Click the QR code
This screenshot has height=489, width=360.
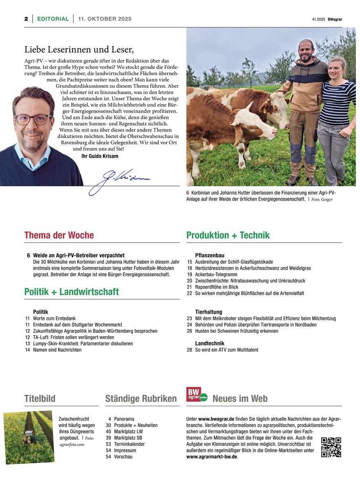[x=331, y=447]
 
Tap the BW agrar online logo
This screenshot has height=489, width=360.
[x=197, y=395]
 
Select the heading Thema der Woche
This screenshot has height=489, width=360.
[x=59, y=235]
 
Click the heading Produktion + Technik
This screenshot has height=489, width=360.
[x=228, y=235]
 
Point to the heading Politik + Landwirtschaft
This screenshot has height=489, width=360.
[x=71, y=292]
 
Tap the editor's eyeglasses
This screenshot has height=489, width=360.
[x=33, y=119]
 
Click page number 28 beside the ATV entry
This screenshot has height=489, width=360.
[x=189, y=350]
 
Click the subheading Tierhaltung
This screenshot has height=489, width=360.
[x=209, y=312]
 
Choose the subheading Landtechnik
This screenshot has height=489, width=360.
[x=210, y=343]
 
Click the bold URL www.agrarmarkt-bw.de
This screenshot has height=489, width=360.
[x=211, y=457]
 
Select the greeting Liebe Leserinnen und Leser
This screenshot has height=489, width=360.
[x=79, y=50]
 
